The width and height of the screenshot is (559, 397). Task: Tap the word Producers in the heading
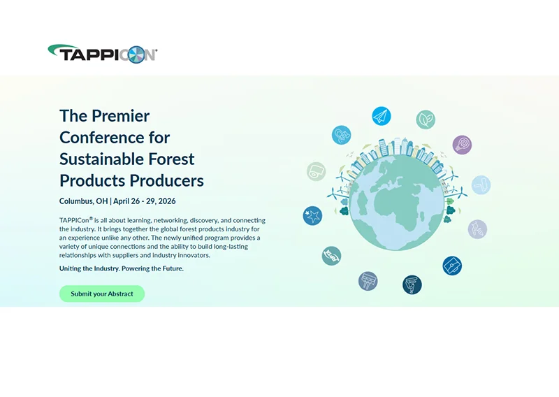(x=167, y=180)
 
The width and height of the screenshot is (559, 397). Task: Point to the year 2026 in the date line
(x=166, y=201)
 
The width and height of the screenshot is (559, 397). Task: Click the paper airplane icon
(x=381, y=116)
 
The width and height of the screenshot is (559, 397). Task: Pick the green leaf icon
(x=426, y=120)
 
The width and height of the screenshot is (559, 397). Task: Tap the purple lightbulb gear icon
(x=462, y=145)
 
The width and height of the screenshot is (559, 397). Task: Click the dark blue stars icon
(x=312, y=215)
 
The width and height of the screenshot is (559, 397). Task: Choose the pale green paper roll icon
(x=317, y=171)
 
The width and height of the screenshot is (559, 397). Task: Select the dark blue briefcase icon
(x=452, y=266)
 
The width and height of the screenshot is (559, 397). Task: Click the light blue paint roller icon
(x=481, y=185)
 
